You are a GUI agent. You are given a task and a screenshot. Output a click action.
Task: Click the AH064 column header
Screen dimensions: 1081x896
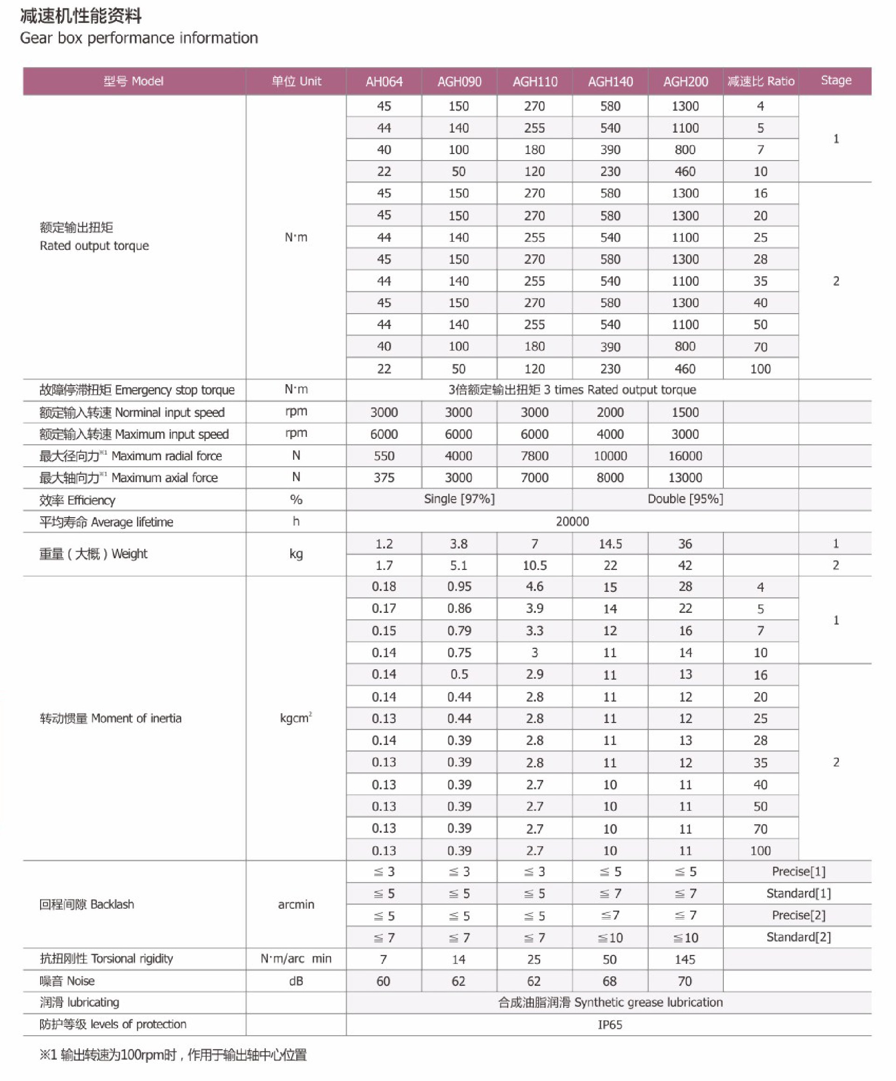[384, 81]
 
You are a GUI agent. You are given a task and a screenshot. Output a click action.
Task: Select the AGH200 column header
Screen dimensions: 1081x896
[685, 81]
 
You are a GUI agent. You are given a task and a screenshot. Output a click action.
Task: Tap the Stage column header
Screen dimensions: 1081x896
[836, 80]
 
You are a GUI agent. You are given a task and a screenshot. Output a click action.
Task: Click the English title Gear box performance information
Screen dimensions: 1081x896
[139, 38]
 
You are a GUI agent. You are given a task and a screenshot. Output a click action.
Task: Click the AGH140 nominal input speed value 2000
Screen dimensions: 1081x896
[610, 412]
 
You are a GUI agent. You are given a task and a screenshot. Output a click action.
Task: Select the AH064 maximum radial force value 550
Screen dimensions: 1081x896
[384, 456]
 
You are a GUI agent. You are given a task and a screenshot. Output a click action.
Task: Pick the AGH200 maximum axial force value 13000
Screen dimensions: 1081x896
[685, 477]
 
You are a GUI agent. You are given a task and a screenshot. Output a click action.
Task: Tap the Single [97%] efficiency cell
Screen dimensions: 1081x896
[459, 499]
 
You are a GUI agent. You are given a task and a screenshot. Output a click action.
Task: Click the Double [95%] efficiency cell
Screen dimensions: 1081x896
[685, 499]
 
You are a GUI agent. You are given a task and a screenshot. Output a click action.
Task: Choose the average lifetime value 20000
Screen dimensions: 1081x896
[572, 521]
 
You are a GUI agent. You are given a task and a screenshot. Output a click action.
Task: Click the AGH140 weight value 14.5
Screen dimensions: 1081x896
[610, 544]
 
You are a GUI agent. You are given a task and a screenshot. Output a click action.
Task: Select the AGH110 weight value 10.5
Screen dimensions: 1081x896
[535, 565]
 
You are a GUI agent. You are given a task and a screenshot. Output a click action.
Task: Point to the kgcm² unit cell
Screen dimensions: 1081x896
[296, 718]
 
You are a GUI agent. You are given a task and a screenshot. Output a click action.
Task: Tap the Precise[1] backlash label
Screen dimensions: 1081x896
[798, 871]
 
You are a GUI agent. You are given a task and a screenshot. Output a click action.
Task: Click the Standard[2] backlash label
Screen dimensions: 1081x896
[798, 937]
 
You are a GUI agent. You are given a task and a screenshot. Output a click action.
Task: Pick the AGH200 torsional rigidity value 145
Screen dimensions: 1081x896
[685, 960]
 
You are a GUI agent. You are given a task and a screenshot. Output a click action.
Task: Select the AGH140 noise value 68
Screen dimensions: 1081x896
[610, 981]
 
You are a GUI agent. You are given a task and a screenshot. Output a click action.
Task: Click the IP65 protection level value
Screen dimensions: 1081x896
[610, 1025]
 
